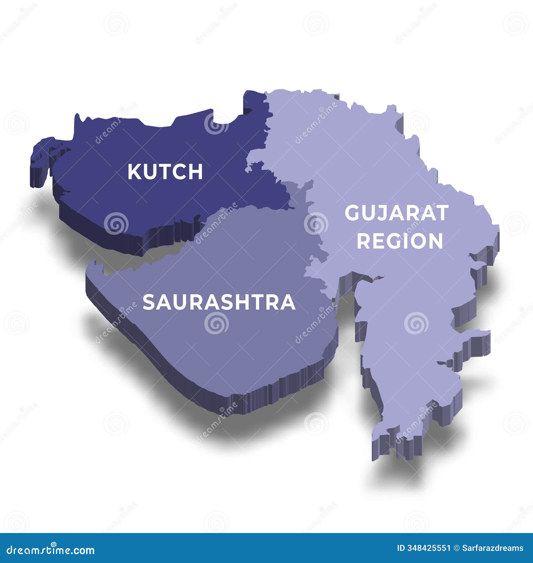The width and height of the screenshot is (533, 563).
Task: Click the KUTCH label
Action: point(165,172)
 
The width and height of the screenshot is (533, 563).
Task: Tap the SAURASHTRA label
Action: point(219,302)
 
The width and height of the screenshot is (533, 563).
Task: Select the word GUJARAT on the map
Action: point(396,213)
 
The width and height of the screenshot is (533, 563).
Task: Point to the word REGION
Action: point(400,241)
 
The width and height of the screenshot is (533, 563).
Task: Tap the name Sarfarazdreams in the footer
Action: point(493,548)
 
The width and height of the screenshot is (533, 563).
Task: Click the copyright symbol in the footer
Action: point(456,548)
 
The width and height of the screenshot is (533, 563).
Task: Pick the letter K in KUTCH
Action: point(134,172)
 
